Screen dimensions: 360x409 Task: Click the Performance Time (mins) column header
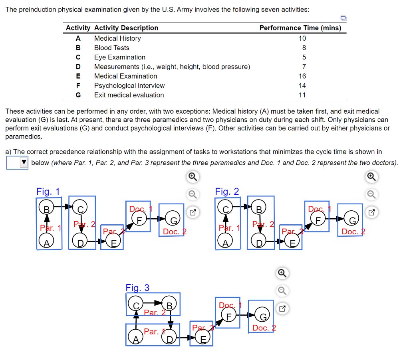pyautogui.click(x=300, y=28)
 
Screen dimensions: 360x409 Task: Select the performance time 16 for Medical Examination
pyautogui.click(x=302, y=76)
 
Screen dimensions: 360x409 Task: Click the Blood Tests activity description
pyautogui.click(x=111, y=47)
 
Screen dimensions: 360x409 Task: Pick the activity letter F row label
pyautogui.click(x=78, y=85)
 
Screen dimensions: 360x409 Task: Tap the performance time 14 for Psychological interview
pyautogui.click(x=302, y=85)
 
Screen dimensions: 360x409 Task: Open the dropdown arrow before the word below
pyautogui.click(x=24, y=162)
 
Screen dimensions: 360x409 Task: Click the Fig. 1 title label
pyautogui.click(x=48, y=192)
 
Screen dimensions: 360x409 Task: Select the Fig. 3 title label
pyautogui.click(x=137, y=287)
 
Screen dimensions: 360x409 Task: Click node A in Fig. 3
pyautogui.click(x=136, y=339)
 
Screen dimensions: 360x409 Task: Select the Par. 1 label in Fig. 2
pyautogui.click(x=229, y=228)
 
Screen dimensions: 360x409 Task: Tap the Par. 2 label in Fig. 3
pyautogui.click(x=154, y=313)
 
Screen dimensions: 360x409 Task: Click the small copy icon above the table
pyautogui.click(x=343, y=18)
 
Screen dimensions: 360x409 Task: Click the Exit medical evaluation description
pyautogui.click(x=129, y=95)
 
